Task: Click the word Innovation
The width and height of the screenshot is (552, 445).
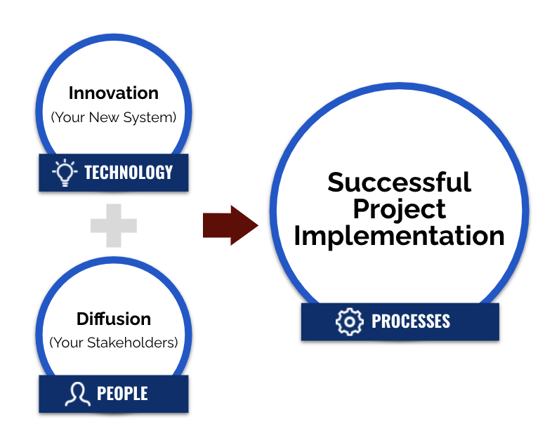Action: pos(113,93)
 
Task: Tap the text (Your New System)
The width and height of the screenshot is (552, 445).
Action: pos(113,117)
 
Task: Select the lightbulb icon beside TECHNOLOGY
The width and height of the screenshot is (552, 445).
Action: pos(65,173)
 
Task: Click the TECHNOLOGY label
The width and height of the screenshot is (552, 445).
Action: pos(129,173)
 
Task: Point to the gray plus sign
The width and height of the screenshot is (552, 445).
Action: pos(113,225)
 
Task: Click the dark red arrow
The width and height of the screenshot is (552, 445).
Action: pos(230,225)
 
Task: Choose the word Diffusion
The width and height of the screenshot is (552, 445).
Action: pos(113,319)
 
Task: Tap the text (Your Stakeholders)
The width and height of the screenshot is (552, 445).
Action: pos(113,343)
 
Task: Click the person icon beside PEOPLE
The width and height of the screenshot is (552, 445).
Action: pos(77,394)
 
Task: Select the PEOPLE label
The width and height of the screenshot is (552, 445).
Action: pos(122,394)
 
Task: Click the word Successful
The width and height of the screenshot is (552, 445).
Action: pos(399,182)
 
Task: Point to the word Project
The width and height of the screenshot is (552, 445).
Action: pos(399,210)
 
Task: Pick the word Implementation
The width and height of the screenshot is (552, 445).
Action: pos(399,236)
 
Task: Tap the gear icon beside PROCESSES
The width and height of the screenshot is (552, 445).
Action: pos(349,321)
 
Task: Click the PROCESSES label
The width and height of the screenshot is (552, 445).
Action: pos(411,321)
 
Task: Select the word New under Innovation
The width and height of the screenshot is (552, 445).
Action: pos(104,117)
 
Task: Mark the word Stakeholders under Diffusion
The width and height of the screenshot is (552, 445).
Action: pos(132,343)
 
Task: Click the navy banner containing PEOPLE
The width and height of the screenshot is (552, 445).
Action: pos(113,394)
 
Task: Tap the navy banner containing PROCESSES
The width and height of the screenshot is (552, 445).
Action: pos(400,321)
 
